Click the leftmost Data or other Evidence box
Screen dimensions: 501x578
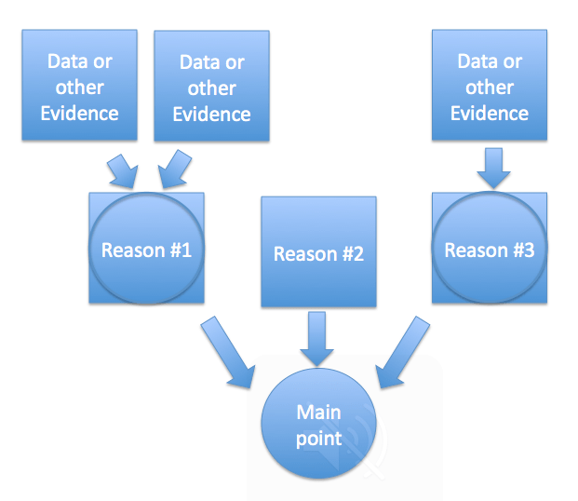tap(80, 87)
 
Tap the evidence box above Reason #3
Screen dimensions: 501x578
tap(490, 87)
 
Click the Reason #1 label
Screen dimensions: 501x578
tap(146, 250)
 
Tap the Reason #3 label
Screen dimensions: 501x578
tap(490, 250)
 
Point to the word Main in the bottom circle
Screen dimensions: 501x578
tap(319, 413)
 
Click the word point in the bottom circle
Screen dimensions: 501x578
tap(319, 438)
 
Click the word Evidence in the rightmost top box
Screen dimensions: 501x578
tap(490, 113)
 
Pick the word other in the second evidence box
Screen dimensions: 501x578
tap(211, 88)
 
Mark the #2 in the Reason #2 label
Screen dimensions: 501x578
tap(350, 253)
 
